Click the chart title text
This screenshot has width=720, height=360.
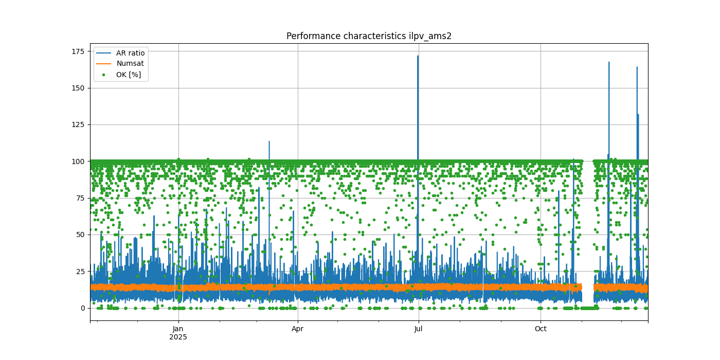[369, 36]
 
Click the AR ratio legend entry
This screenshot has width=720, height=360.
[130, 53]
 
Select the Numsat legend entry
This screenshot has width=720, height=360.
[130, 64]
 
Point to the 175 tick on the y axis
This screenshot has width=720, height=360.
[78, 51]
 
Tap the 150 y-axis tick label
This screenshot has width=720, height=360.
[78, 88]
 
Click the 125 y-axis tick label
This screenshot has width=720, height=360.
[78, 124]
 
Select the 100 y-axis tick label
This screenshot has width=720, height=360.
[78, 161]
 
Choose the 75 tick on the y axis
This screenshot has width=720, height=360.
[80, 198]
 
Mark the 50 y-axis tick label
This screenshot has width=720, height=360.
[80, 235]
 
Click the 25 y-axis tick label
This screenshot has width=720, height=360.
[80, 272]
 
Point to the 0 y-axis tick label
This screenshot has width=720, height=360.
[82, 308]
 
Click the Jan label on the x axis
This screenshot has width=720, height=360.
[178, 329]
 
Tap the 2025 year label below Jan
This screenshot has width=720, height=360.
[178, 337]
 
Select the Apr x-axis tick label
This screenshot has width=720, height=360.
[298, 329]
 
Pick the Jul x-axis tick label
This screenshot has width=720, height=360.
[418, 329]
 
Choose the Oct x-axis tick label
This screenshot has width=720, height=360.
[541, 329]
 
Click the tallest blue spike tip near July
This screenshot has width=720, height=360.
[418, 56]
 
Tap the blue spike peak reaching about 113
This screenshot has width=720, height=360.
[269, 142]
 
